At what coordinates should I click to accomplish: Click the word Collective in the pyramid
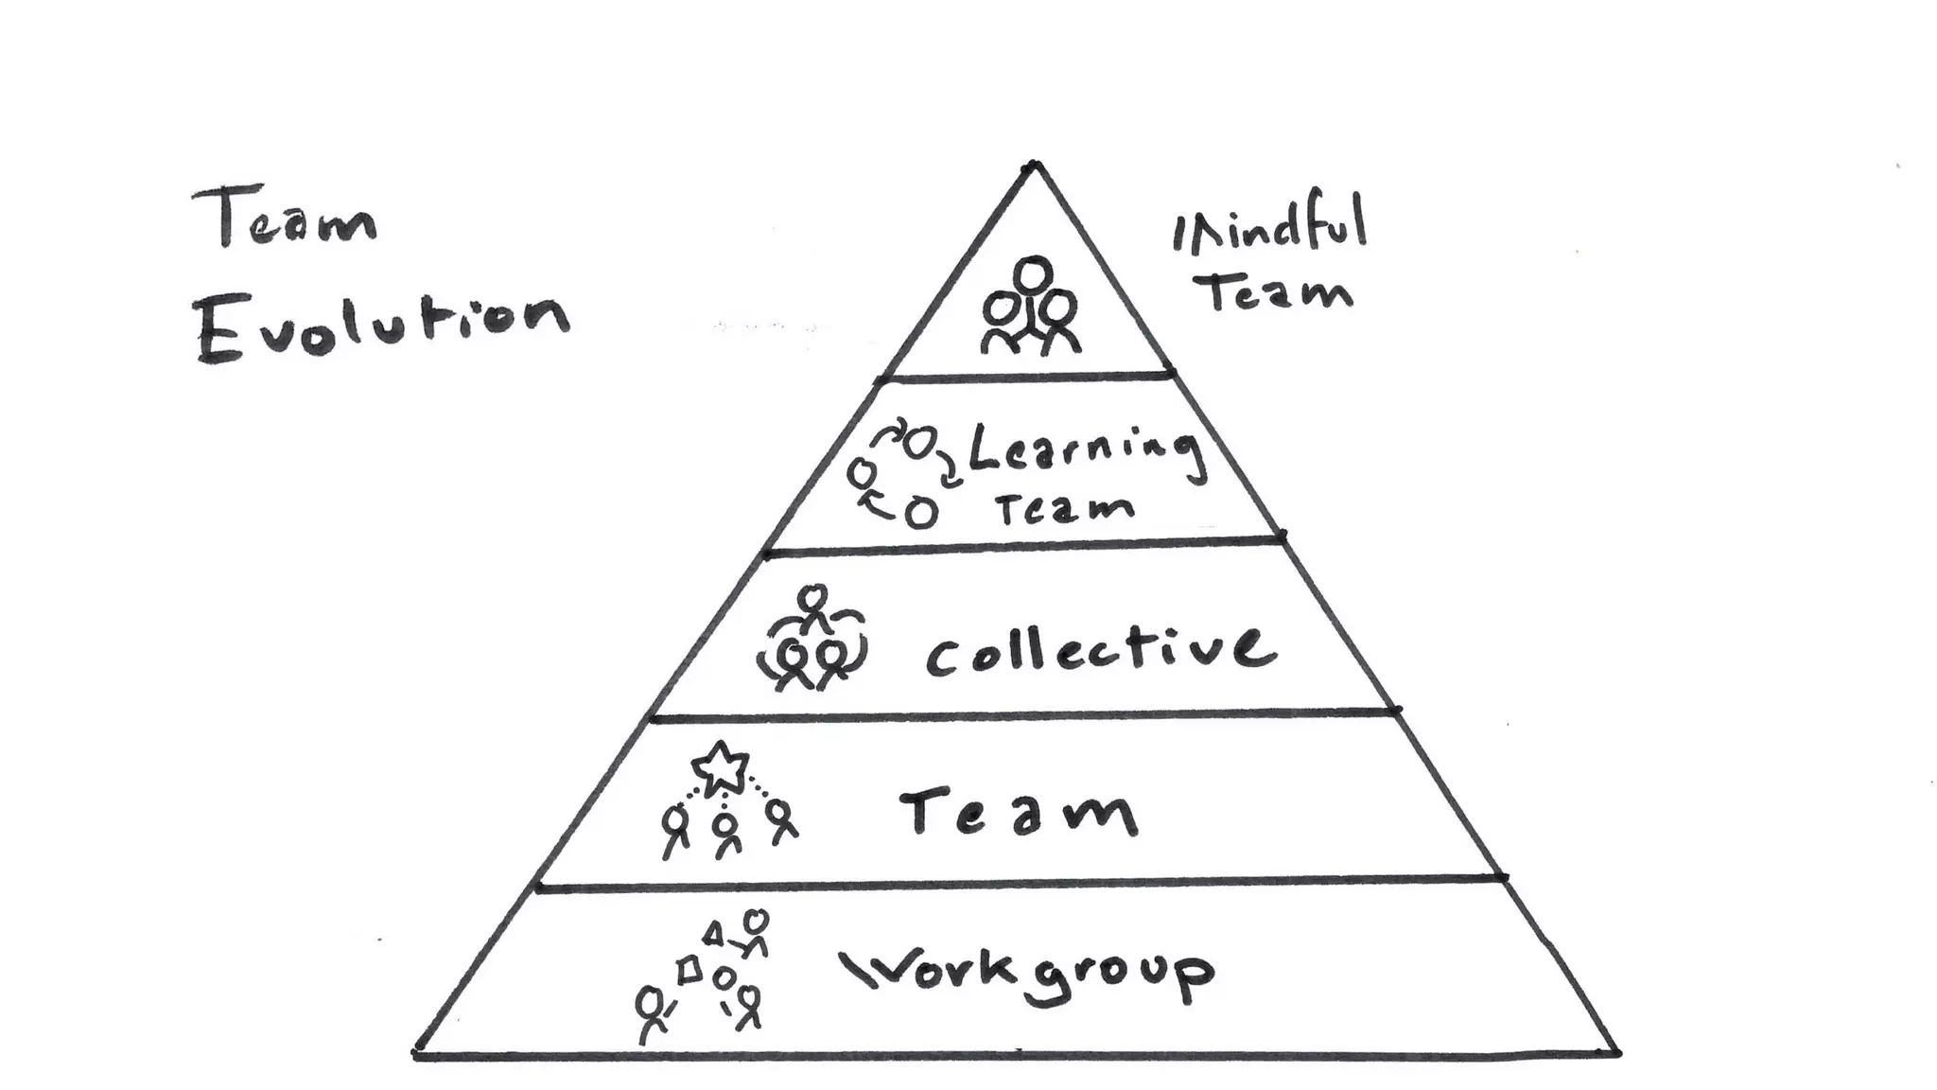1100,652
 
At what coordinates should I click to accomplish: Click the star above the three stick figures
721,766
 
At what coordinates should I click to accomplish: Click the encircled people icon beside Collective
811,643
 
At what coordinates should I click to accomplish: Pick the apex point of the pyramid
1034,166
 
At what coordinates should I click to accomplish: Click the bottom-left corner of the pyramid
417,1052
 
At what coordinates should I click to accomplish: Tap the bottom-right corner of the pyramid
1617,1052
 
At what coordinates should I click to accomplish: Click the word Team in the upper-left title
284,220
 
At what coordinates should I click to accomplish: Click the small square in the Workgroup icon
690,969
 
